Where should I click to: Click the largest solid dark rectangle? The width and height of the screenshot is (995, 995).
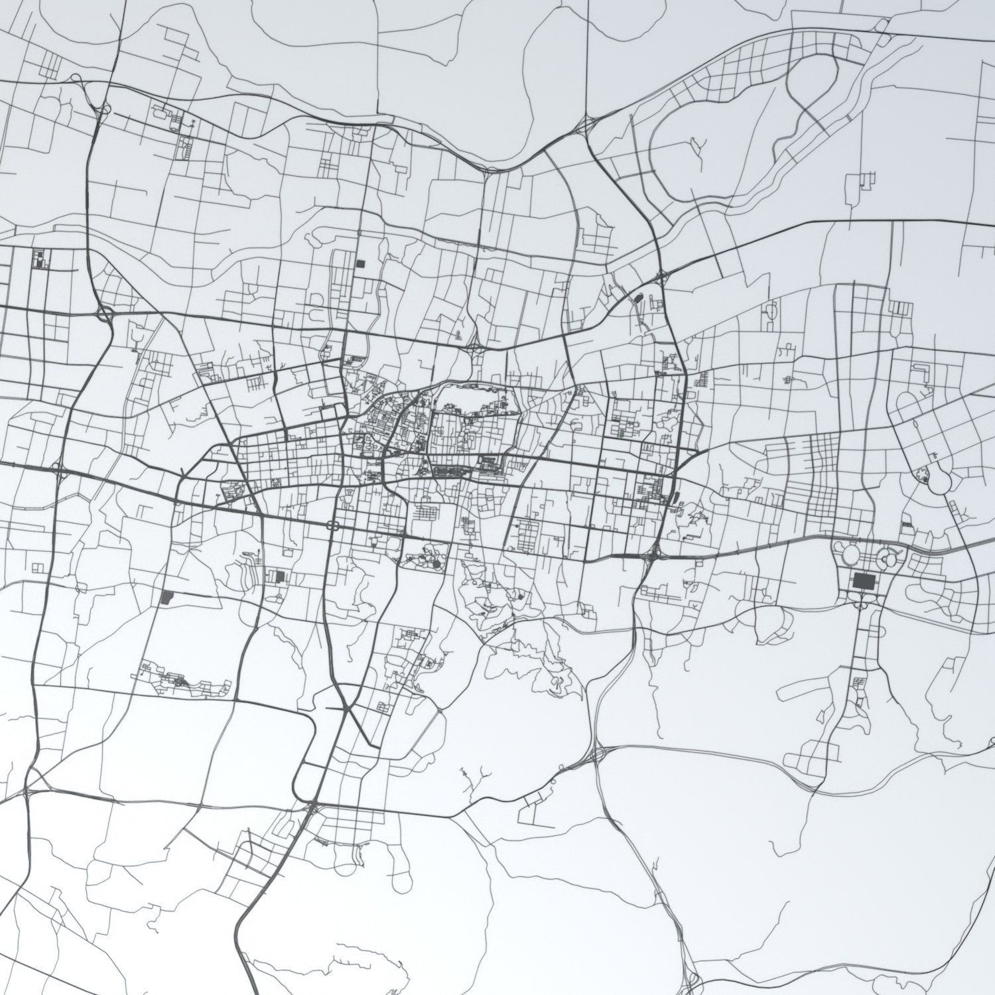863,582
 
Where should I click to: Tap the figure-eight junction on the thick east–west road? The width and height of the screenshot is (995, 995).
333,525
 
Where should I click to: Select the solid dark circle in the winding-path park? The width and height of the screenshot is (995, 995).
438,564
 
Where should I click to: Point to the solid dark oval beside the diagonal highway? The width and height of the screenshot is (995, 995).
639,298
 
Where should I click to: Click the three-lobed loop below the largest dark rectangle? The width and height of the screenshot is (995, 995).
863,601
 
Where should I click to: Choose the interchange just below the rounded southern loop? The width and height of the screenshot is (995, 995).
310,807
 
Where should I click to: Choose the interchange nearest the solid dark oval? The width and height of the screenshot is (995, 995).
661,277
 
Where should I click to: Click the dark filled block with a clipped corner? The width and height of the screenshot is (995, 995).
166,597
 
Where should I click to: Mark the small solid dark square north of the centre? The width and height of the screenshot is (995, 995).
360,263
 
